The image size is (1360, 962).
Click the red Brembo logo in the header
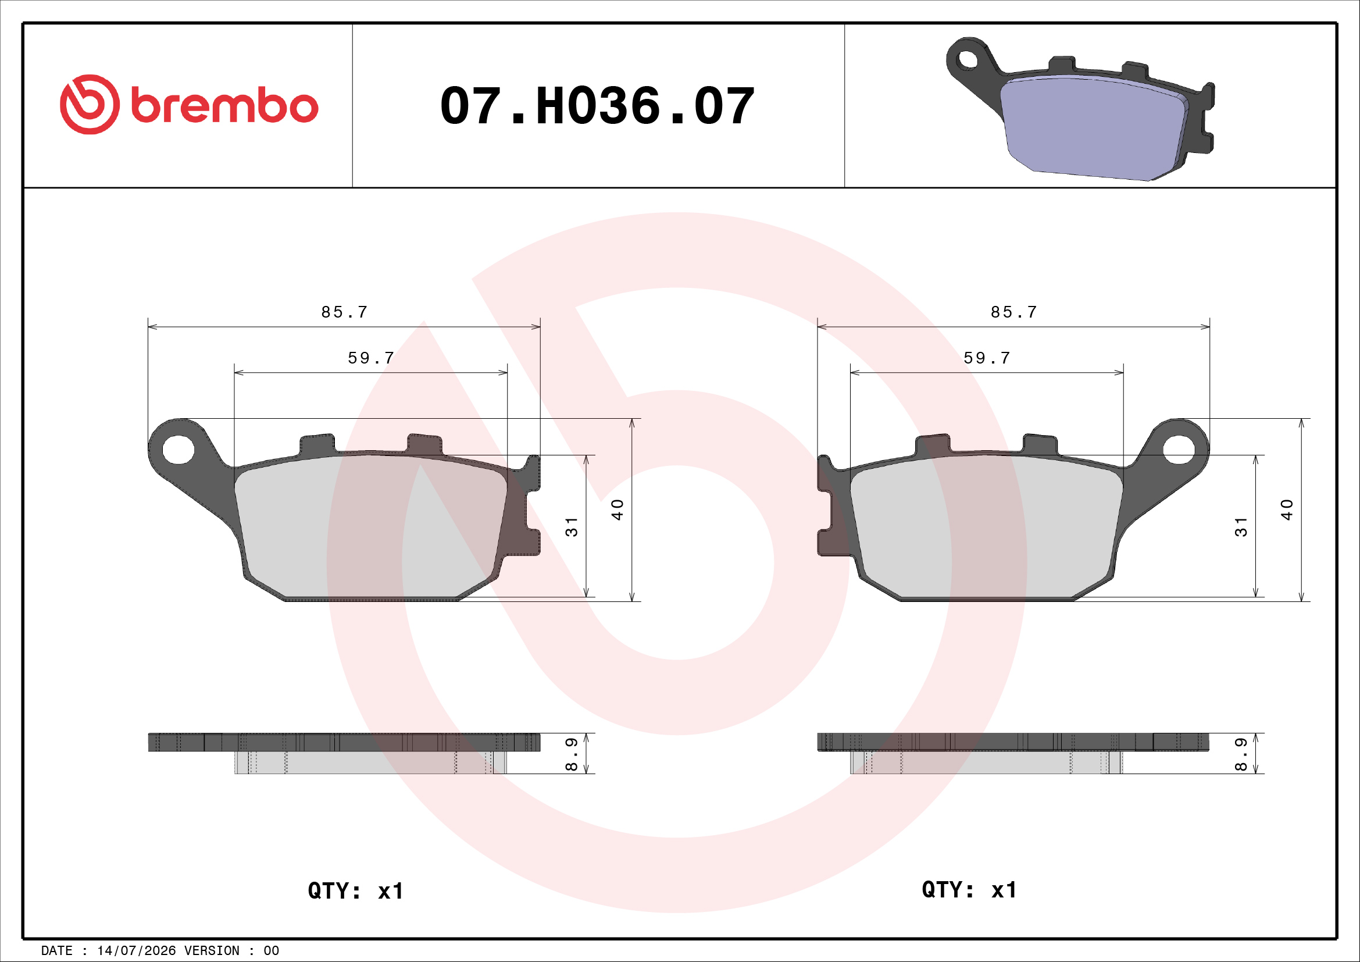pyautogui.click(x=189, y=105)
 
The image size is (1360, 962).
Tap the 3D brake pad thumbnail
pyautogui.click(x=1080, y=109)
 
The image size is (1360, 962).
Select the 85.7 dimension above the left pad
pyautogui.click(x=344, y=312)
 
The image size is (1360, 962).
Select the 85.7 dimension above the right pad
pyautogui.click(x=1013, y=312)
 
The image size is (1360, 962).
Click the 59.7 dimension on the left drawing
pyautogui.click(x=371, y=358)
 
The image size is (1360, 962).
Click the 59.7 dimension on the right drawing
pyautogui.click(x=987, y=358)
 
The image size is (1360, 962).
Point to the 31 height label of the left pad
pyautogui.click(x=571, y=526)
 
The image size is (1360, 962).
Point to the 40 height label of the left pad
pyautogui.click(x=617, y=510)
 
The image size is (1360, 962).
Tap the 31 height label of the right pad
pyautogui.click(x=1240, y=526)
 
